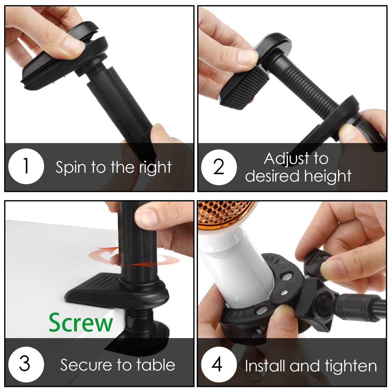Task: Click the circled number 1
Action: [x=26, y=167]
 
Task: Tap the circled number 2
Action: [x=219, y=167]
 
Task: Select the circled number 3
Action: [x=25, y=364]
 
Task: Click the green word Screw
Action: [x=81, y=322]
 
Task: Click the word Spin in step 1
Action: [x=70, y=167]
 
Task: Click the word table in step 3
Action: [x=157, y=364]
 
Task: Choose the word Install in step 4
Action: [x=266, y=366]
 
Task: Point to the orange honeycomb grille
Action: [x=224, y=212]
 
